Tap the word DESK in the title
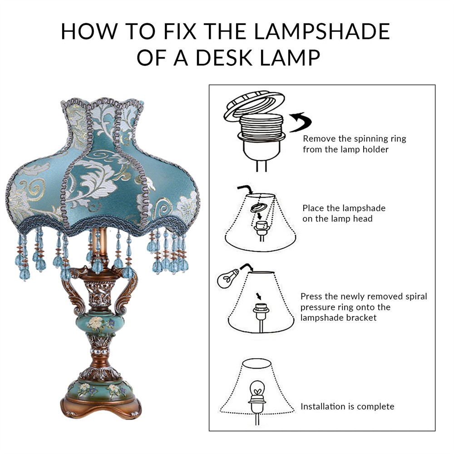224,57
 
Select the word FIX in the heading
179,31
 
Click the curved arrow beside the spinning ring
300,122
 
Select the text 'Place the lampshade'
344,208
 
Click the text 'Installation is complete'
347,406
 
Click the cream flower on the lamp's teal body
95,322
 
